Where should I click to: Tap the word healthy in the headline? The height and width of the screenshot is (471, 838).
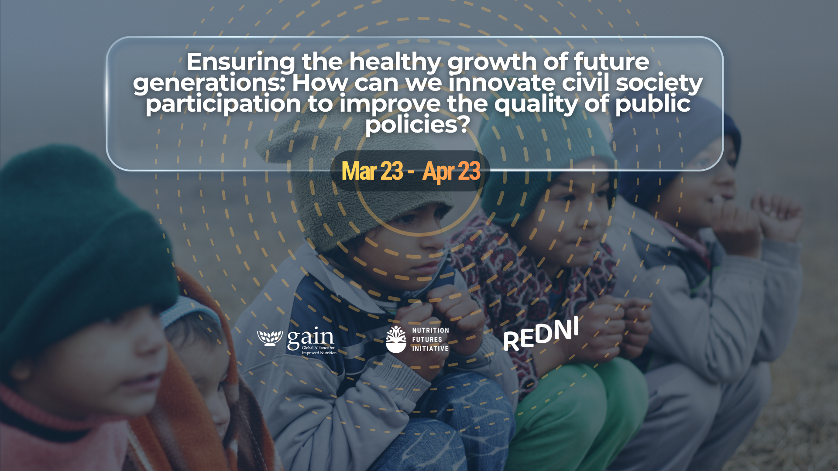[395, 62]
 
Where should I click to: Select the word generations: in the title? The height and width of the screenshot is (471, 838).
[209, 83]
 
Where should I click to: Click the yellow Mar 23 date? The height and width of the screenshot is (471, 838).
[372, 171]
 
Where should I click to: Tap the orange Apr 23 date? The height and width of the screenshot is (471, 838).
[451, 171]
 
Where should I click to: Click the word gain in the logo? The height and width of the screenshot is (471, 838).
[310, 338]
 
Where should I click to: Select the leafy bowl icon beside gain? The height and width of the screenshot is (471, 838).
[270, 338]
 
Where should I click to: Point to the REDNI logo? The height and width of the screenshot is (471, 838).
[541, 334]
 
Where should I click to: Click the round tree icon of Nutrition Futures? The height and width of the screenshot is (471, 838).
[396, 339]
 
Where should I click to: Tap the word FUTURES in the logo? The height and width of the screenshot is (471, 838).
[427, 339]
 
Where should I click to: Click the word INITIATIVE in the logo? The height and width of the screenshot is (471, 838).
[430, 348]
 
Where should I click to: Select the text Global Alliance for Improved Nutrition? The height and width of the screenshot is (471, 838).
[319, 350]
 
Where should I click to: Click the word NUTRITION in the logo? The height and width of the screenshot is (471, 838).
[430, 330]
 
